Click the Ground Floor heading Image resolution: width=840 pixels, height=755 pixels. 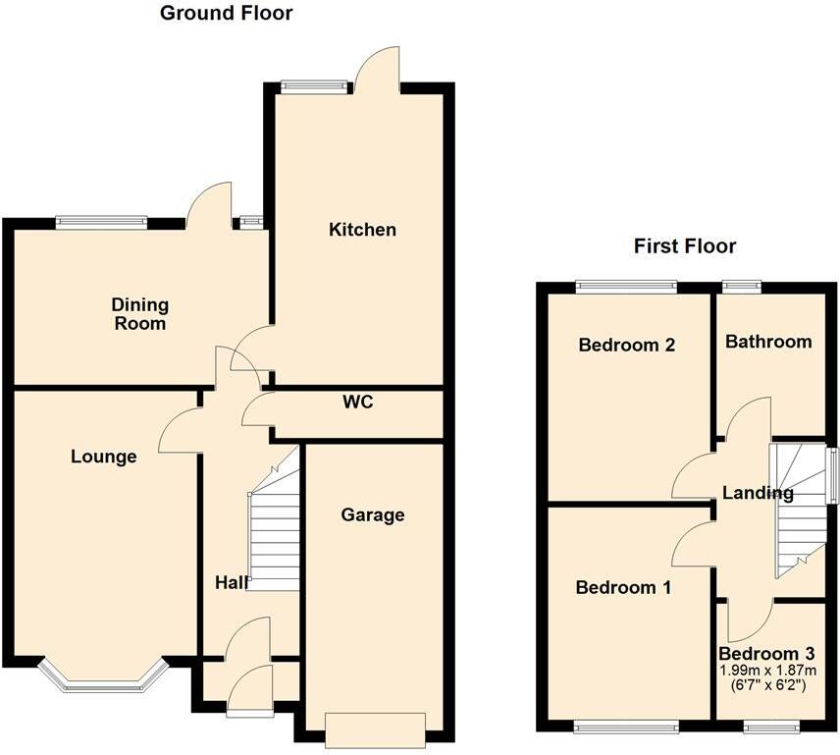[x=226, y=14]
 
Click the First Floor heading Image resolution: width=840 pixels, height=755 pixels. [x=685, y=245]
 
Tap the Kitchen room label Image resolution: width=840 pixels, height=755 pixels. [x=362, y=230]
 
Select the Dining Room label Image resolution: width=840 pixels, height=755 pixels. [x=139, y=314]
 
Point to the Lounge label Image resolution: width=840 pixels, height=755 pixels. [x=103, y=457]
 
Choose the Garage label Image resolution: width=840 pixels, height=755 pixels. [x=373, y=514]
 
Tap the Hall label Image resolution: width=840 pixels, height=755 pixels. [x=232, y=582]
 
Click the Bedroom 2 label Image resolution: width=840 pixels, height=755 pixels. [x=627, y=346]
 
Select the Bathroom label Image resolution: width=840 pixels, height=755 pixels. [x=768, y=342]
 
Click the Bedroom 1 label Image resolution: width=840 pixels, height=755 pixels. [x=623, y=587]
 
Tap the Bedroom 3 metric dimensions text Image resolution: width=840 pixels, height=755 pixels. [x=766, y=671]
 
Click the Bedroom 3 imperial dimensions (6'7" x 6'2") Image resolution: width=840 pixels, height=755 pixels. [x=766, y=685]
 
